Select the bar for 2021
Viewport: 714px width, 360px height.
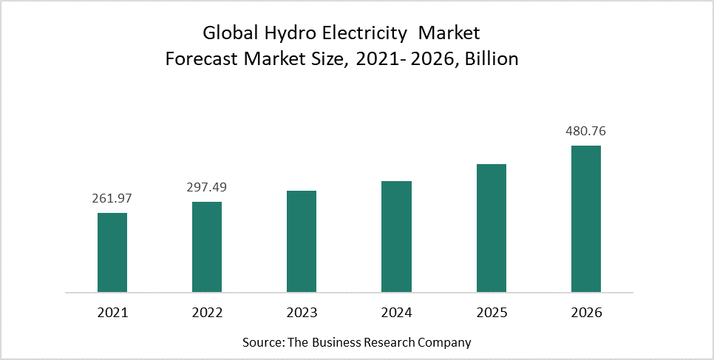point(112,252)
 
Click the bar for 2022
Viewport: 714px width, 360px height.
point(207,247)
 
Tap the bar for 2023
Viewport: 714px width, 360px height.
point(302,241)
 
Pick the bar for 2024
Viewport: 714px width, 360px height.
point(396,237)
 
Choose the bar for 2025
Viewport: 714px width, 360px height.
point(492,228)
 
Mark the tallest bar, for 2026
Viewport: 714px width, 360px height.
point(586,218)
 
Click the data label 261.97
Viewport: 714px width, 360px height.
point(112,199)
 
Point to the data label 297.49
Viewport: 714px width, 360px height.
point(207,188)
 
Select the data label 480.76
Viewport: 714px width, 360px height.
point(586,132)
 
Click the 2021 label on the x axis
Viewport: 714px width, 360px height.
point(112,313)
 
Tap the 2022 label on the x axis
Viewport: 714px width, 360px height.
point(207,313)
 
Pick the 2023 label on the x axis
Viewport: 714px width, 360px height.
point(302,313)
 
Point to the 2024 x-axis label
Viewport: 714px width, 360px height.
point(396,313)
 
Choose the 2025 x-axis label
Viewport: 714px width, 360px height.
point(492,313)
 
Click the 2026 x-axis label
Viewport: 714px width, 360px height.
point(586,313)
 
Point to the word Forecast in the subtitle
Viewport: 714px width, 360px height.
point(199,59)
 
